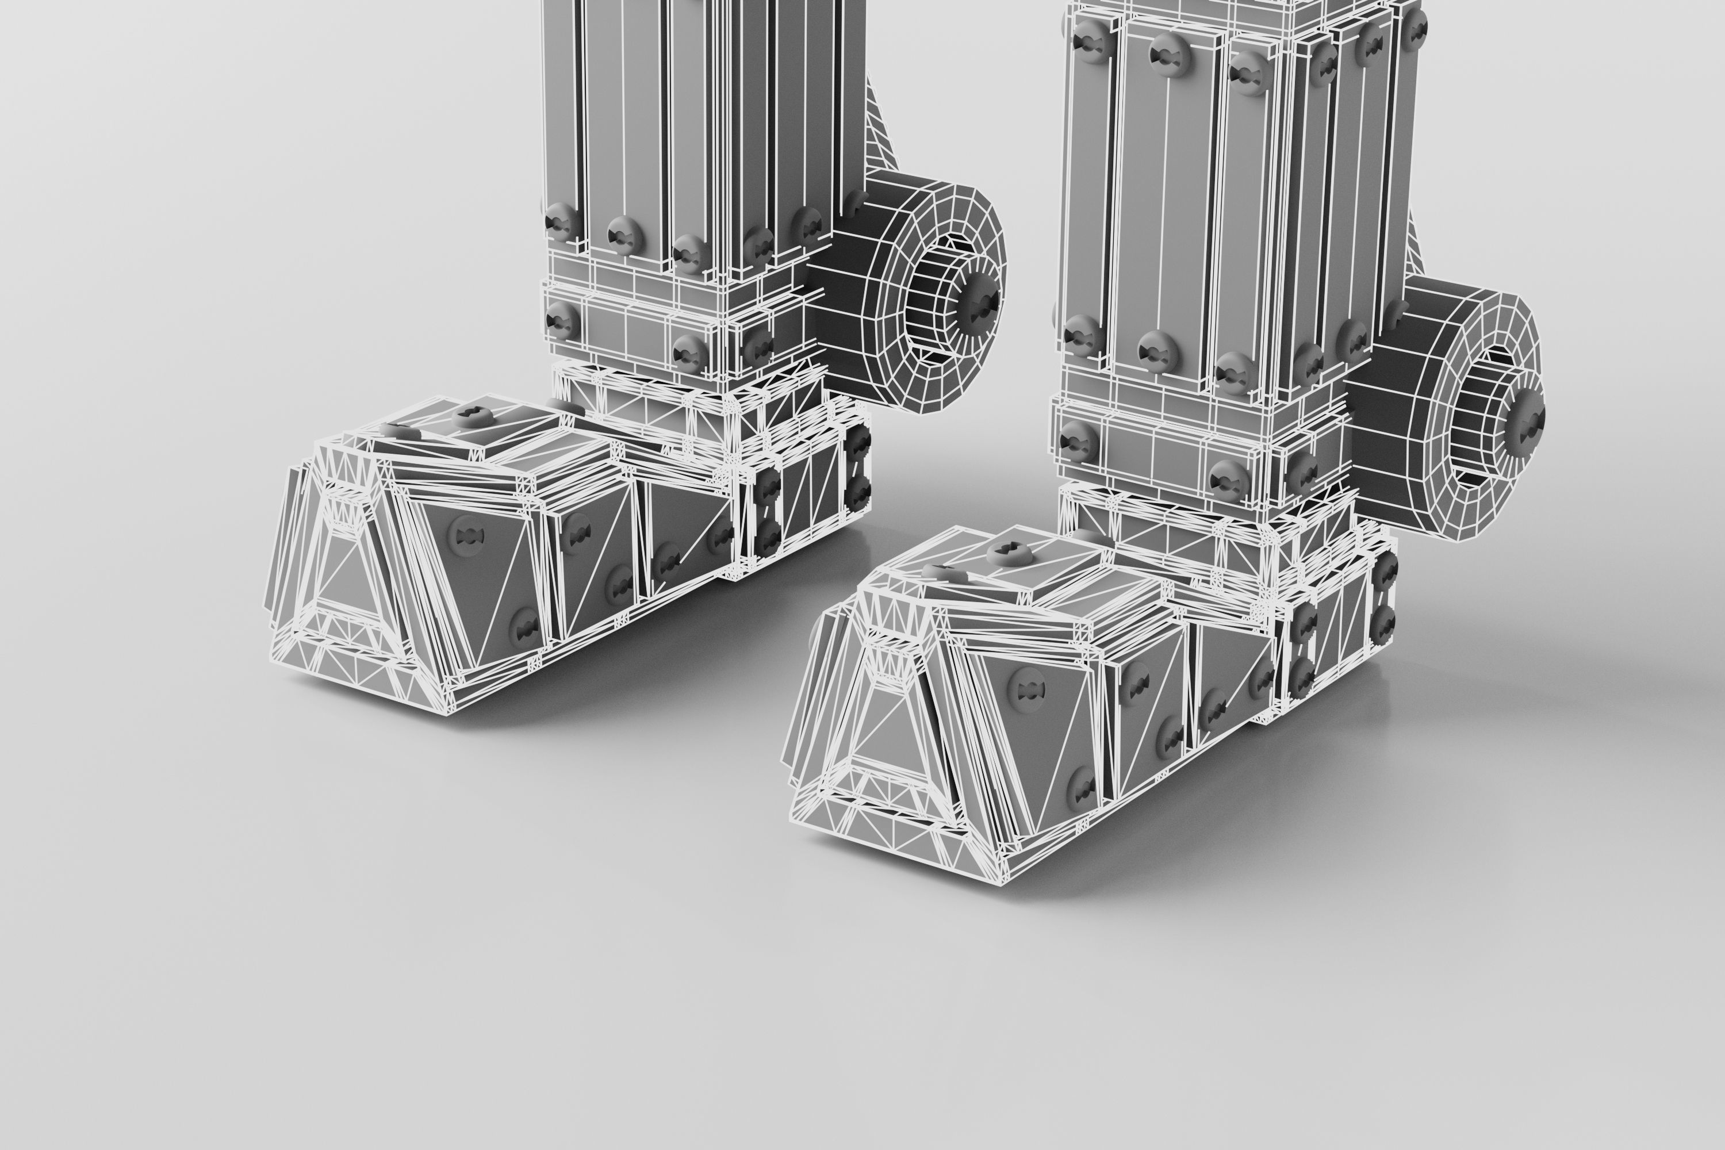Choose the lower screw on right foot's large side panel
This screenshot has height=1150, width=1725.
[1080, 787]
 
